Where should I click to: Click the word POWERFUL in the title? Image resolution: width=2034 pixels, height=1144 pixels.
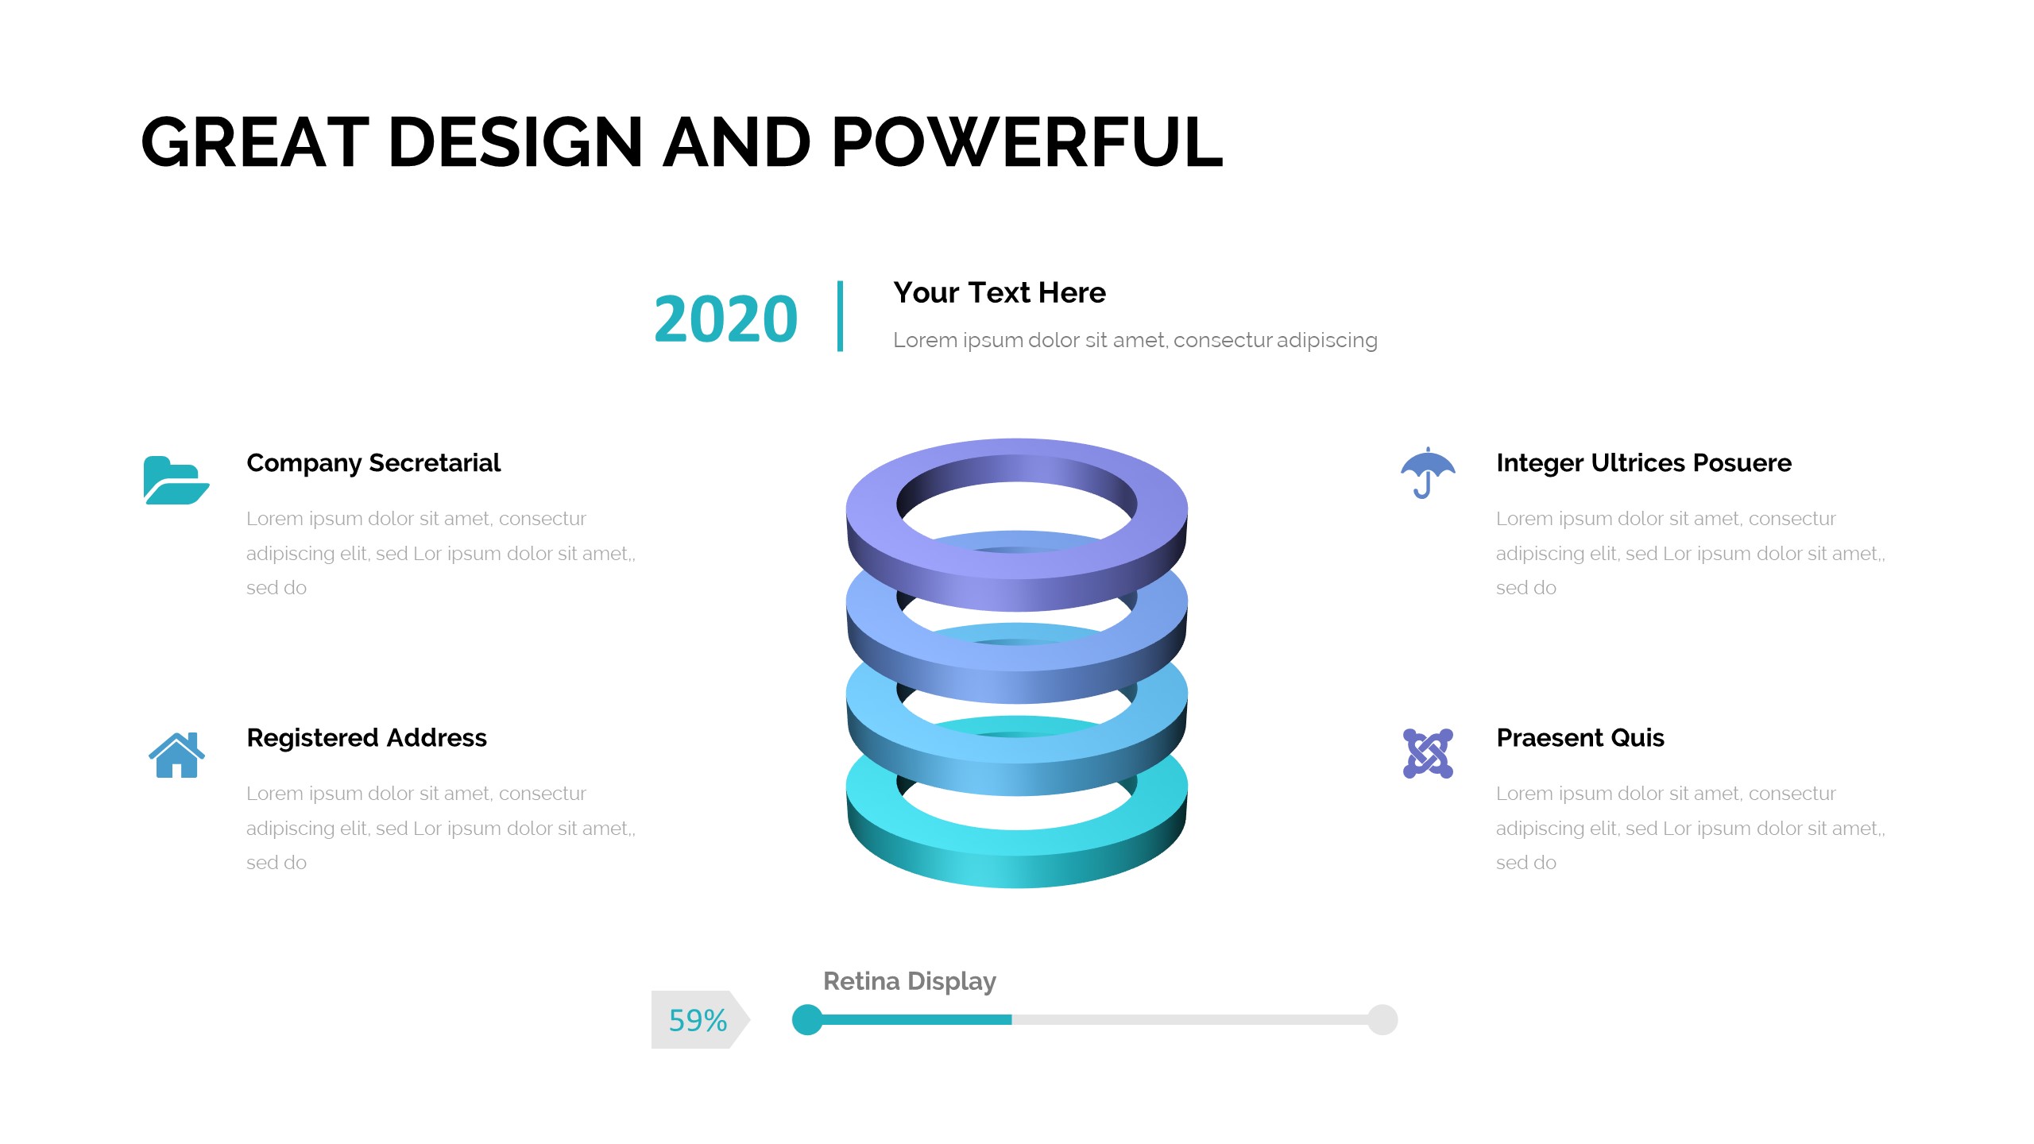coord(1027,142)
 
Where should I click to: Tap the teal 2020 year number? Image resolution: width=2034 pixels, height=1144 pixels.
coord(725,319)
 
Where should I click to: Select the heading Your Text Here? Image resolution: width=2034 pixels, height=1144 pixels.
coord(1000,292)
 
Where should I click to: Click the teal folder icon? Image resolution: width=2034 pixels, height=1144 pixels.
coord(176,480)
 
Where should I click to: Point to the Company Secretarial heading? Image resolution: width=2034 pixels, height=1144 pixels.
coord(373,463)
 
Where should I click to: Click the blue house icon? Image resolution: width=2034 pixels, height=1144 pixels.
coord(176,755)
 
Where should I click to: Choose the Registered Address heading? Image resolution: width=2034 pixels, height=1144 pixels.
coord(367,738)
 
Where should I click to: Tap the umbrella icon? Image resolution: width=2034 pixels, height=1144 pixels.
coord(1428,473)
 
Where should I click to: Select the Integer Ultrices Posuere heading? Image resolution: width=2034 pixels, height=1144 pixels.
coord(1644,463)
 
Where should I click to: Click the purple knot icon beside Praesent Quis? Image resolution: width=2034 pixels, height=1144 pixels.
coord(1428,753)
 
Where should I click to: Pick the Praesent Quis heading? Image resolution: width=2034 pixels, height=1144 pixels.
coord(1580,738)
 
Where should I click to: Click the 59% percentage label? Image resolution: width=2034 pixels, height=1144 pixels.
coord(698,1020)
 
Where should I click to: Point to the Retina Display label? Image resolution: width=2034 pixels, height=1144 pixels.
coord(910,982)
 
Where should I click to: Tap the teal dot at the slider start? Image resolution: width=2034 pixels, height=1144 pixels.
coord(807,1020)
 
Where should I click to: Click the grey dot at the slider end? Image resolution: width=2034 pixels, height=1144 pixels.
coord(1382,1020)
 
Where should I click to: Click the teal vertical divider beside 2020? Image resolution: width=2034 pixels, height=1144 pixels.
coord(840,315)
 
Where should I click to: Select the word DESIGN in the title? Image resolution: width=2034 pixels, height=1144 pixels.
coord(516,142)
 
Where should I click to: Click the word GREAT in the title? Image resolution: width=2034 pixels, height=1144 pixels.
coord(255,142)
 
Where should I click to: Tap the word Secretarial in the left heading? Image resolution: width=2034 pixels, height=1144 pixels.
coord(435,462)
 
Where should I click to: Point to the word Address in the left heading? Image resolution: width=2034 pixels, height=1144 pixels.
coord(436,738)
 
